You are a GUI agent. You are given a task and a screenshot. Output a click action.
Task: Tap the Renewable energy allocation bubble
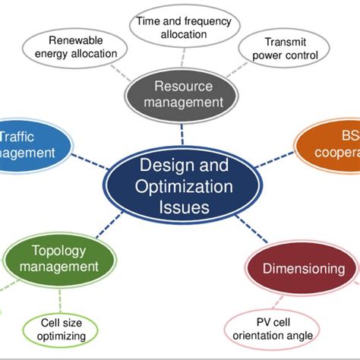[x=83, y=47]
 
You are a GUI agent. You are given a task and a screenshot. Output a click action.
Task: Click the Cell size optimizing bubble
[x=58, y=329]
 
